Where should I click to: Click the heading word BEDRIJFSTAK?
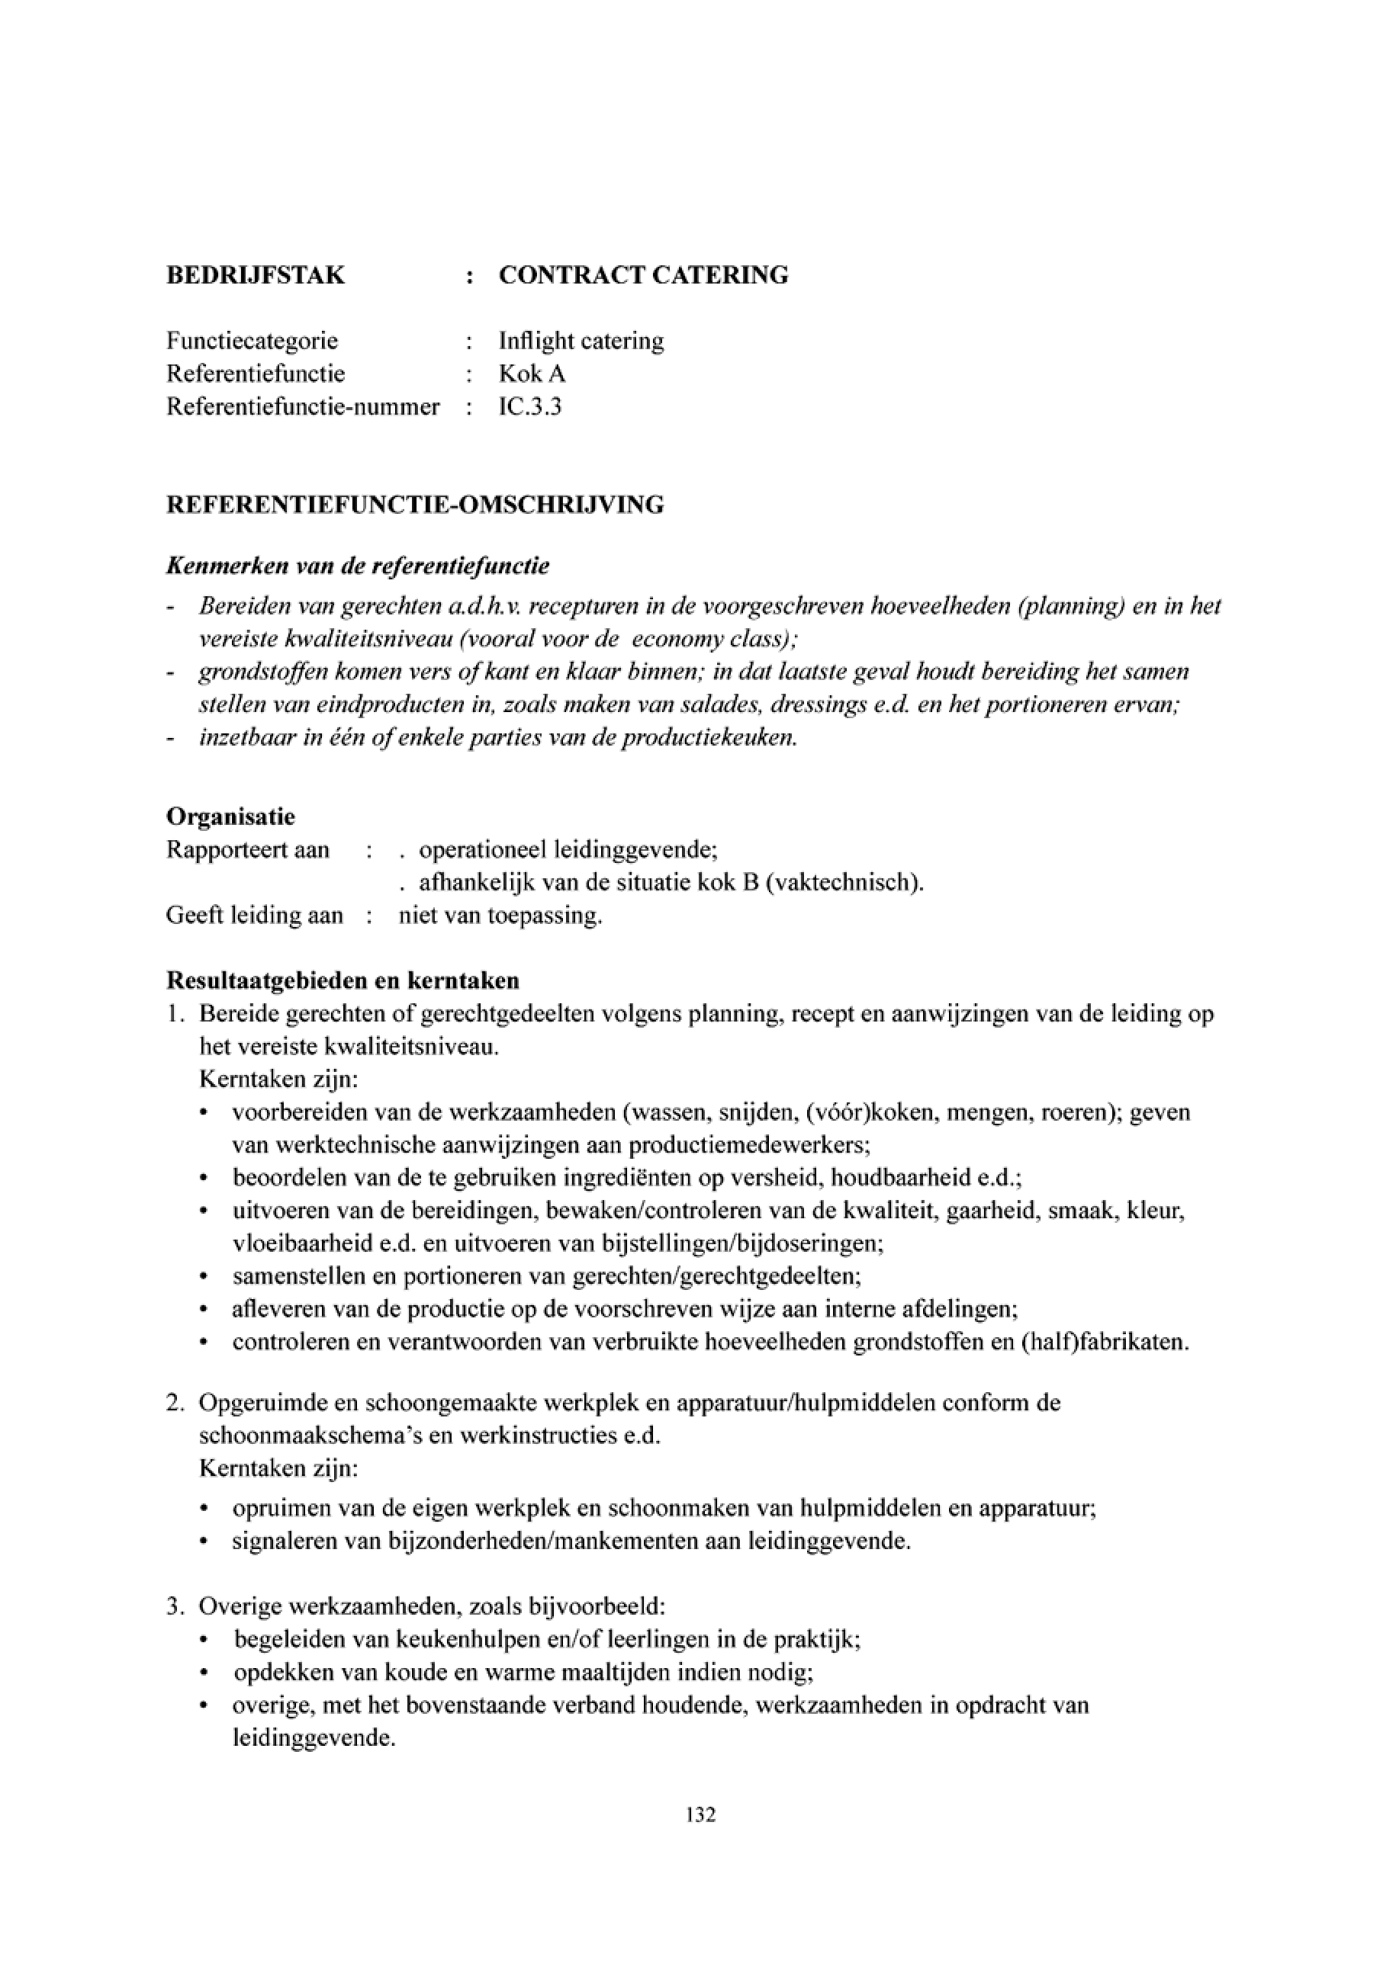(256, 275)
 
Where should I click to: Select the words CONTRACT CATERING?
(643, 275)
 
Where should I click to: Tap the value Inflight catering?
(581, 341)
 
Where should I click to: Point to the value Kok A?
(532, 374)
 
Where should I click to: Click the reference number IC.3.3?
(529, 406)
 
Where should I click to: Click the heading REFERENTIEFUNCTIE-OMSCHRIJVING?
(415, 505)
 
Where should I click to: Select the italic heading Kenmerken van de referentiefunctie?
(358, 566)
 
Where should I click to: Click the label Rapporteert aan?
(248, 850)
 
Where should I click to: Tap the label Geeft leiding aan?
(255, 915)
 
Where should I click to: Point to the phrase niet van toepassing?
(500, 915)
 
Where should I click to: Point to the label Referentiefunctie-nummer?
(303, 406)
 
